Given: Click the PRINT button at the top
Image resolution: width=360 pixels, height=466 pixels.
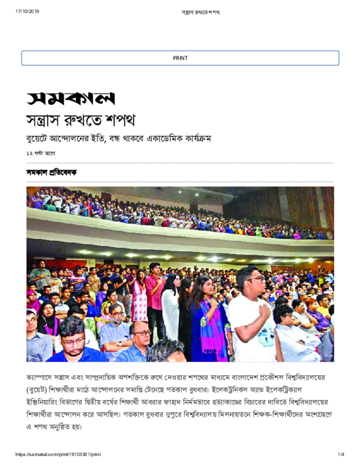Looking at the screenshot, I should click(x=180, y=58).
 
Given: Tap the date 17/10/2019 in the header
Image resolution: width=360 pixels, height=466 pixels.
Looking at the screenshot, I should click(x=27, y=11).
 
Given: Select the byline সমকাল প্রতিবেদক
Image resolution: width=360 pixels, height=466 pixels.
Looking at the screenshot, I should click(x=51, y=172).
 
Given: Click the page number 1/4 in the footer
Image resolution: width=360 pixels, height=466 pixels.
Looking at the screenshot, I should click(x=341, y=454).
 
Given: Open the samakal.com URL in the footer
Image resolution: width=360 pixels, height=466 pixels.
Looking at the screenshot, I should click(x=58, y=454).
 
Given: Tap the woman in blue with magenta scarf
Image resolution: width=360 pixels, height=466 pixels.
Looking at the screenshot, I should click(x=207, y=319).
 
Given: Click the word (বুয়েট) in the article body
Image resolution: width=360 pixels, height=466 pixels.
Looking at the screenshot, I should click(x=37, y=390).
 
